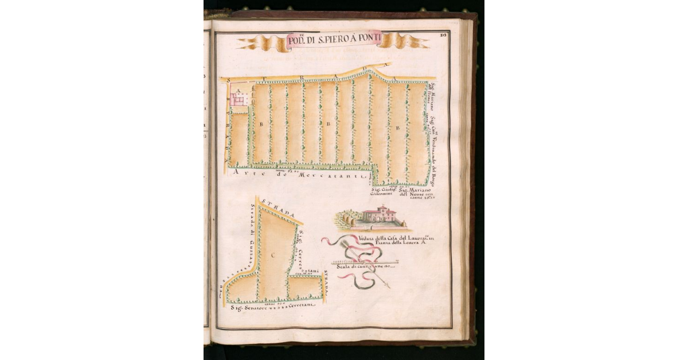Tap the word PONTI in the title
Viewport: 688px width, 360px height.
375,38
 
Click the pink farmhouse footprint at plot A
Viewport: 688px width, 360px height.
243,99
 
